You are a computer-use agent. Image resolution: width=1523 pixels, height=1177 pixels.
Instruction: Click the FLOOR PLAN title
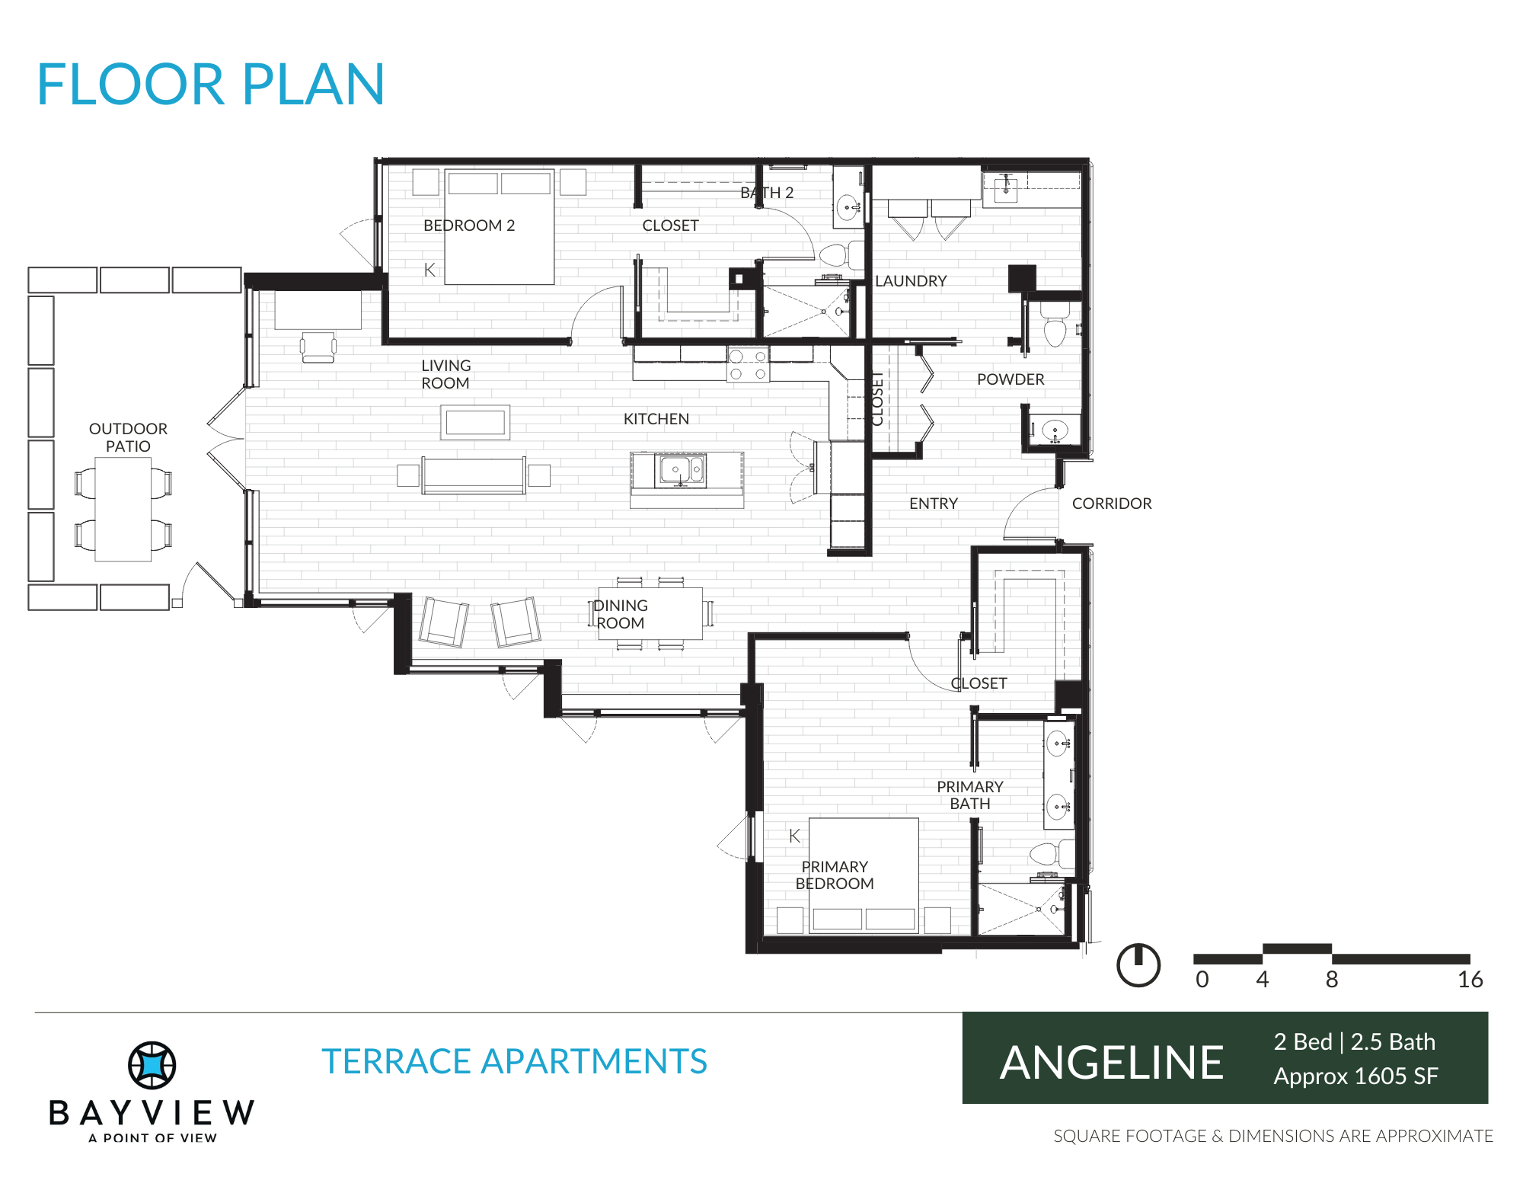click(x=210, y=84)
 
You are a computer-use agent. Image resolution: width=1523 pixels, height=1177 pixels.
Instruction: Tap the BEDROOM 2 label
click(x=469, y=225)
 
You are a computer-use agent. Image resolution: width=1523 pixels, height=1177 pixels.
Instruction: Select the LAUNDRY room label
click(x=911, y=281)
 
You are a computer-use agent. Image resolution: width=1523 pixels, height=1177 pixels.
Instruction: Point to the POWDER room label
click(x=1011, y=379)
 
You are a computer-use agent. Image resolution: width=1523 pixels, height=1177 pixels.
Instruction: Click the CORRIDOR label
click(x=1112, y=504)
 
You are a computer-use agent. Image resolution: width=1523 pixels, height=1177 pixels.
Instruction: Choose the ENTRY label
click(x=934, y=504)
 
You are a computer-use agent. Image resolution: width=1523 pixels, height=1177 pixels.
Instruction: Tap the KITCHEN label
click(x=656, y=419)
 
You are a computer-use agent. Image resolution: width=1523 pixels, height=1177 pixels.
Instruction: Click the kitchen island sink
click(x=681, y=470)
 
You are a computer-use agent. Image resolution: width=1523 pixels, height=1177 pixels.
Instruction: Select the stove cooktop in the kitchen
click(x=748, y=365)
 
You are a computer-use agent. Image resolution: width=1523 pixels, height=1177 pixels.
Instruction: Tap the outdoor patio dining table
click(x=123, y=509)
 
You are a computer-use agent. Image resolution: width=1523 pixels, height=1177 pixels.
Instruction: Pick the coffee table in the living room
click(x=475, y=422)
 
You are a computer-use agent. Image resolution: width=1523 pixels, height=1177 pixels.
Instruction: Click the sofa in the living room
click(x=474, y=475)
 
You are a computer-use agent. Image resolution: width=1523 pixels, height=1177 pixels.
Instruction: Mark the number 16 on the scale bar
click(x=1470, y=980)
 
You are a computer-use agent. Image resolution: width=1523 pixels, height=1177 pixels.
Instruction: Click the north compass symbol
click(x=1138, y=965)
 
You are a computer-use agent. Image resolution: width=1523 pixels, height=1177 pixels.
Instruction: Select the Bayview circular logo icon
click(x=152, y=1065)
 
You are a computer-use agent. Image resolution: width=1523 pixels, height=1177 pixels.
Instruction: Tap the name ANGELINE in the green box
click(x=1112, y=1063)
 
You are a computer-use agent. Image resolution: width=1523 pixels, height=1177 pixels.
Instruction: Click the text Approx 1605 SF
click(x=1356, y=1076)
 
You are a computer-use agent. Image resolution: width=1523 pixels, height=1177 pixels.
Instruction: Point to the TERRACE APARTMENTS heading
click(x=515, y=1061)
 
